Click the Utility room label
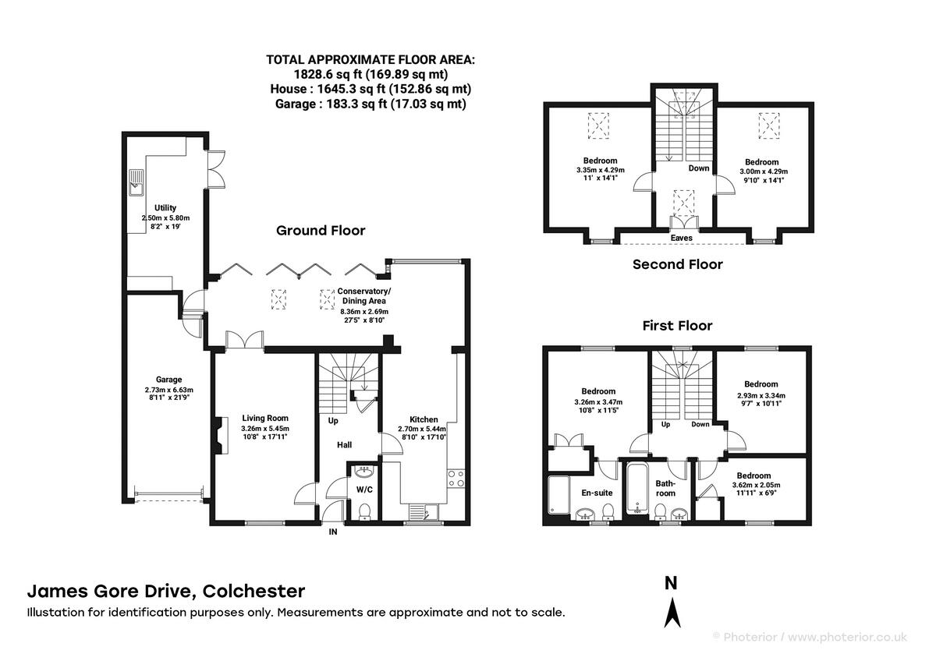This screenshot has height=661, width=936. click(165, 207)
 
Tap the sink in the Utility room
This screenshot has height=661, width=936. click(136, 182)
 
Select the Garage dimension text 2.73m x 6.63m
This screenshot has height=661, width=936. click(168, 390)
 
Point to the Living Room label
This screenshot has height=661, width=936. click(265, 418)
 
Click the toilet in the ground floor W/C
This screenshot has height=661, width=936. click(365, 511)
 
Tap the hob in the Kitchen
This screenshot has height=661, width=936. click(456, 479)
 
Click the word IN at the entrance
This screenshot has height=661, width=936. click(333, 532)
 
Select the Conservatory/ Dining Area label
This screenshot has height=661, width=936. click(364, 295)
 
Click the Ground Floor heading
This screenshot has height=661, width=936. click(321, 231)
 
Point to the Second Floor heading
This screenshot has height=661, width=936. click(677, 264)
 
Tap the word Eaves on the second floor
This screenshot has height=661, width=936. click(682, 238)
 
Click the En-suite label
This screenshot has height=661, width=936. click(597, 493)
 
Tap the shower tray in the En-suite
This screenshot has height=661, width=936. click(558, 495)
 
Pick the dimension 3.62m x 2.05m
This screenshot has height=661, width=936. click(756, 485)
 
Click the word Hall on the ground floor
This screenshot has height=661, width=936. click(344, 445)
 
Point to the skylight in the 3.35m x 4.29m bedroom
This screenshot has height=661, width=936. click(598, 125)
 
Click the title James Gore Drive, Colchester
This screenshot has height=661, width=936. click(166, 592)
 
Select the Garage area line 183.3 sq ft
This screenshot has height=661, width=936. click(370, 104)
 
